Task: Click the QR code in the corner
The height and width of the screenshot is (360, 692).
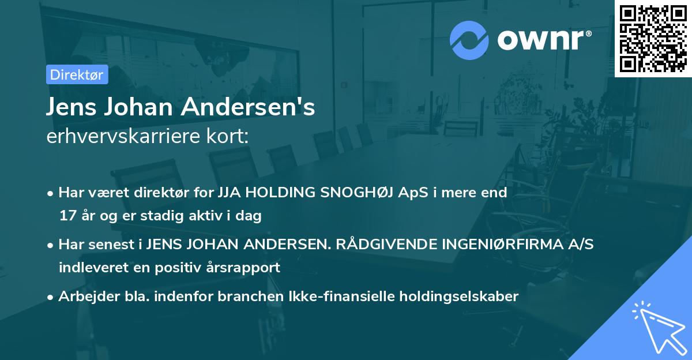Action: [x=653, y=39]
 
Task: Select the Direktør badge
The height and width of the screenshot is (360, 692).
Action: [x=76, y=74]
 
